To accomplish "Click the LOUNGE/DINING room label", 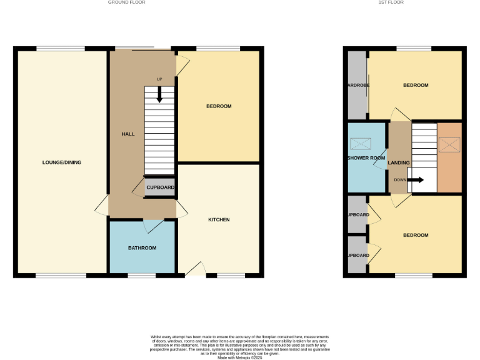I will [x=61, y=162].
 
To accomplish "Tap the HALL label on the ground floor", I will [x=127, y=134].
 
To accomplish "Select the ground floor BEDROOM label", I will [x=219, y=106].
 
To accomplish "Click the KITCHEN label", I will [x=219, y=220].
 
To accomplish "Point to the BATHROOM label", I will [x=142, y=248].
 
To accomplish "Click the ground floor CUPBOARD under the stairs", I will [x=160, y=187].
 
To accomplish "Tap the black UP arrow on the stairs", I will [x=159, y=94].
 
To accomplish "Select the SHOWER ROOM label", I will [x=366, y=158].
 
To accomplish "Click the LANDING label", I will [x=399, y=163].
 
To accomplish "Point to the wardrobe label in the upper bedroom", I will [x=358, y=85].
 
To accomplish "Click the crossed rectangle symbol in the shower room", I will [x=361, y=144].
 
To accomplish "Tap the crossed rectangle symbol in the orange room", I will [x=449, y=145].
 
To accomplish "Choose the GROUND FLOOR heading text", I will [x=127, y=2].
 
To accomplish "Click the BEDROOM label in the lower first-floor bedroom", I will [x=416, y=235].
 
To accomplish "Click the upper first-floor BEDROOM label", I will [x=416, y=85].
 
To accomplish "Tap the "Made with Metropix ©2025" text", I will [x=240, y=357].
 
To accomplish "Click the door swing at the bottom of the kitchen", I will [x=196, y=269].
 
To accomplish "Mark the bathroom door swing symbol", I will [x=154, y=226].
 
